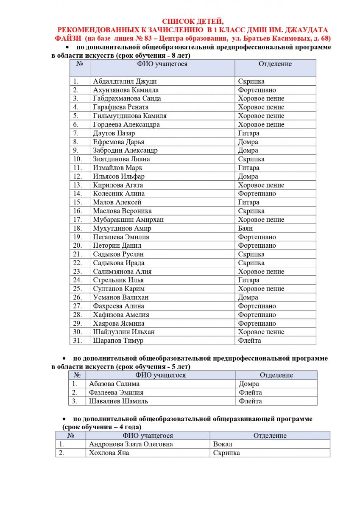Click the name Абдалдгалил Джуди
click(x=122, y=81)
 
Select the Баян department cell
click(x=246, y=228)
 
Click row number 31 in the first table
click(x=77, y=341)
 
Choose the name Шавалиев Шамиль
click(x=118, y=401)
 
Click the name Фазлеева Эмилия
click(x=116, y=392)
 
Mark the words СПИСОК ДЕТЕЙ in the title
click(x=193, y=21)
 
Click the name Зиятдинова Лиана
click(x=121, y=159)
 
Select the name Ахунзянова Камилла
click(x=126, y=90)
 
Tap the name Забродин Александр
click(x=125, y=150)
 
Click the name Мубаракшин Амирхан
click(x=128, y=220)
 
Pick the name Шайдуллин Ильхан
click(x=124, y=332)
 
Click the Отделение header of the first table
click(x=275, y=64)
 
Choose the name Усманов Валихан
click(x=121, y=297)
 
